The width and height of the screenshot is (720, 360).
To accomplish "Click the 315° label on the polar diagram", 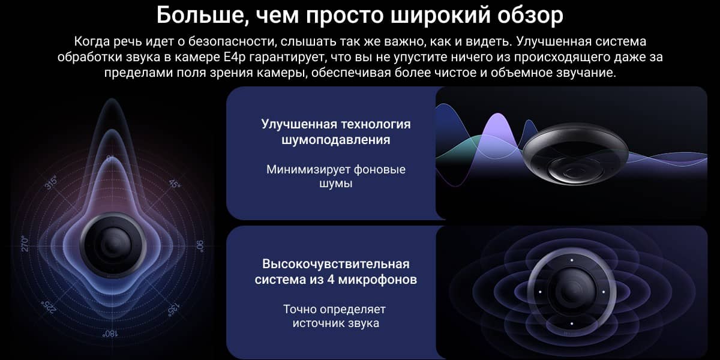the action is [51, 182].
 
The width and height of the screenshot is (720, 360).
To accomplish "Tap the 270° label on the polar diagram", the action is [25, 244].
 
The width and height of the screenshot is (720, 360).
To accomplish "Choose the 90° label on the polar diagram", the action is [200, 246].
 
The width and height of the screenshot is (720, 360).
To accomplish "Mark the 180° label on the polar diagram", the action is [110, 334].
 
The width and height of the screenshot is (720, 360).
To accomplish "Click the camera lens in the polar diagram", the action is [113, 245].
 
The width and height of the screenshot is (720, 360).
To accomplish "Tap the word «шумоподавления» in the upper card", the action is [336, 140].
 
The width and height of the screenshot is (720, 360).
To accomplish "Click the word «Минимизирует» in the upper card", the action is [308, 170].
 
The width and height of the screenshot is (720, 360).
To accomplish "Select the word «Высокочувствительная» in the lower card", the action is [336, 264].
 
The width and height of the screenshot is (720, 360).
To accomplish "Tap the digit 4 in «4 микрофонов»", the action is [331, 280].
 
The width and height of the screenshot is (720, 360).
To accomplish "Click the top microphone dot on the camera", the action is [571, 260].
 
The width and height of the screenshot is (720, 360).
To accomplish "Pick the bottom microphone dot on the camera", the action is [571, 323].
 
